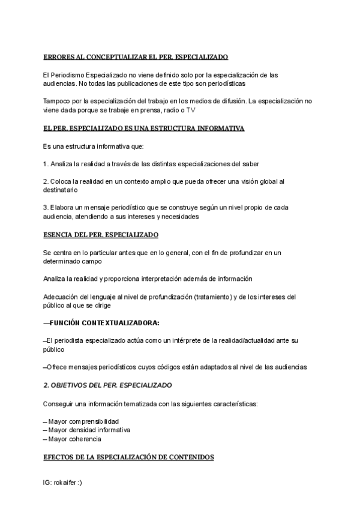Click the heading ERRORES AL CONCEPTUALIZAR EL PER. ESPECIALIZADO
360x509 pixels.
pyautogui.click(x=136, y=57)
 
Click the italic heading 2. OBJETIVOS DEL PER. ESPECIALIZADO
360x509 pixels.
pyautogui.click(x=107, y=384)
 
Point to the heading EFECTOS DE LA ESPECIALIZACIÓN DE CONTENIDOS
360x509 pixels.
pyautogui.click(x=128, y=457)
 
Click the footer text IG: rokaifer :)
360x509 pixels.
pyautogui.click(x=62, y=482)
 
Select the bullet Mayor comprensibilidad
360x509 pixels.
pyautogui.click(x=83, y=421)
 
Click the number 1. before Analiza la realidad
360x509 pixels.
pyautogui.click(x=46, y=163)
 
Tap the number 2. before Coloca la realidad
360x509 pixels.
pyautogui.click(x=46, y=181)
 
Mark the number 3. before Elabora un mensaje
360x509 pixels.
pyautogui.click(x=46, y=208)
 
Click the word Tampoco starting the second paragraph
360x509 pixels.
pyautogui.click(x=57, y=101)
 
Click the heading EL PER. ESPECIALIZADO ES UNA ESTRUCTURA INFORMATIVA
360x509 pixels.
pyautogui.click(x=143, y=128)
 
